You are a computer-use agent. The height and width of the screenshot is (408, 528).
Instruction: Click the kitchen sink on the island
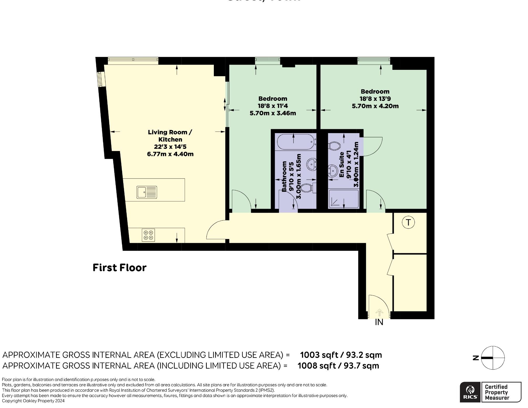[x=147, y=192]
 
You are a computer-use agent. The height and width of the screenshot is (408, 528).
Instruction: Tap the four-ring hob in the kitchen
[x=148, y=235]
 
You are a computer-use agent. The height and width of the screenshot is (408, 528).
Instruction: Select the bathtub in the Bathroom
[x=296, y=142]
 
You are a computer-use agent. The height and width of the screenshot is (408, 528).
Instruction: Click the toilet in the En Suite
[x=334, y=146]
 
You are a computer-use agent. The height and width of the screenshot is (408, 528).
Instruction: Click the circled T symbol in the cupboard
[x=408, y=222]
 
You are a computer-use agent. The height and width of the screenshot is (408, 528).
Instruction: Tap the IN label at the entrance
[x=379, y=322]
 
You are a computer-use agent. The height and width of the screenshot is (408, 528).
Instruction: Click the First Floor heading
[x=120, y=268]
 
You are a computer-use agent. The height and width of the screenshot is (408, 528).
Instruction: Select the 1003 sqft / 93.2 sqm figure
[x=341, y=355]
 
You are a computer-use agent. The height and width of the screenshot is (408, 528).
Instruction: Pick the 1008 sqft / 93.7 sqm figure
[x=338, y=366]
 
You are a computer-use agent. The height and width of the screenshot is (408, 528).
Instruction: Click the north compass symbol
[x=493, y=358]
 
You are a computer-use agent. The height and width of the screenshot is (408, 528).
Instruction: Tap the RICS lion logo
[x=470, y=392]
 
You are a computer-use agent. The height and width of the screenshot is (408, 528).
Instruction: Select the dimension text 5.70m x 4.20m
[x=375, y=106]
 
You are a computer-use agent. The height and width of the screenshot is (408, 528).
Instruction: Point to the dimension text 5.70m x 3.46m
[x=273, y=113]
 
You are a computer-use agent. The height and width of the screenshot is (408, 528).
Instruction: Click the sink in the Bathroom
[x=312, y=165]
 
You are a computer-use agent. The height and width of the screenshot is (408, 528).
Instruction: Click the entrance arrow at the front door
[x=379, y=312]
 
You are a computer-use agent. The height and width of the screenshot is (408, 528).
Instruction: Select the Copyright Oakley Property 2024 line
[x=33, y=401]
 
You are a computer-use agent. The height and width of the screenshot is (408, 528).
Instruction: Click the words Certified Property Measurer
[x=496, y=392]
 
